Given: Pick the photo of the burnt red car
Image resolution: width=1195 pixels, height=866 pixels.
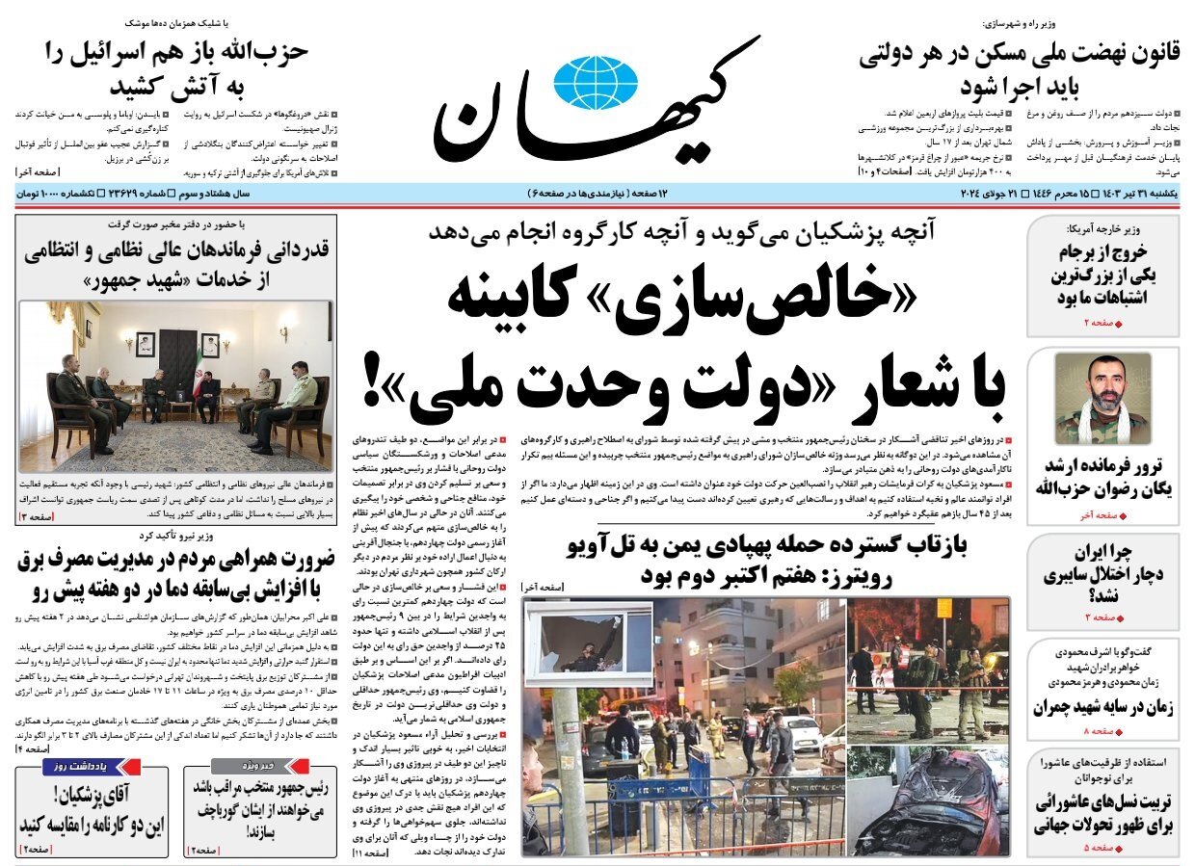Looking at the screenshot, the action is [x=928, y=800].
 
